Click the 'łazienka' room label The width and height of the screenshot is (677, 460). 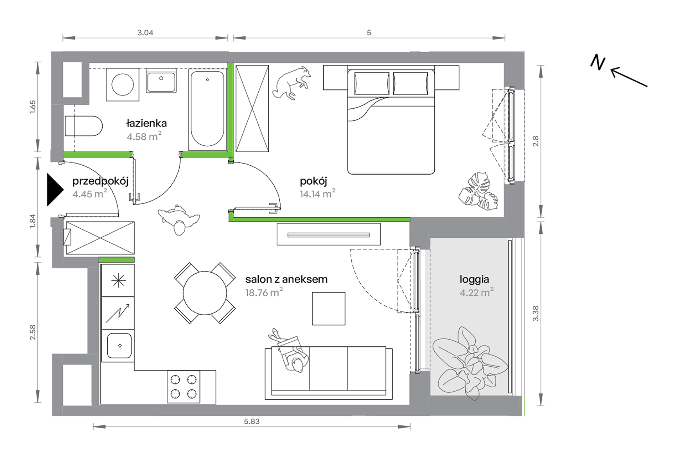click(x=146, y=123)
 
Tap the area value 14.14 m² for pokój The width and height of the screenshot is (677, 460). click(x=317, y=194)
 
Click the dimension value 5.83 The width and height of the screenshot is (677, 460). click(x=252, y=422)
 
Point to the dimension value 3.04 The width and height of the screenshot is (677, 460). click(x=145, y=33)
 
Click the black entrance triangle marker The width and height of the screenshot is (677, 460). click(x=55, y=190)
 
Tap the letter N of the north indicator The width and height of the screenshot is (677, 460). click(x=598, y=63)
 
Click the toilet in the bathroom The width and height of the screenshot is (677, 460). click(x=84, y=126)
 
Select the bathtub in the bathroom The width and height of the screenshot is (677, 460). click(x=207, y=110)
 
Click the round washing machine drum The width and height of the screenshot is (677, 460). click(x=123, y=85)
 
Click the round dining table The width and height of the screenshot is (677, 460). click(x=205, y=293)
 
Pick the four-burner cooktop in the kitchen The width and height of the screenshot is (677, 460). click(x=184, y=387)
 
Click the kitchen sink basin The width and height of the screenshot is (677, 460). click(x=119, y=346)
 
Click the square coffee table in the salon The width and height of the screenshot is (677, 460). click(x=329, y=309)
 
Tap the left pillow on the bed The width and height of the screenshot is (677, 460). click(x=372, y=83)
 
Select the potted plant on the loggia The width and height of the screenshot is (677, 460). click(x=470, y=363)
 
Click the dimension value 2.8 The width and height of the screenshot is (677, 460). click(x=536, y=141)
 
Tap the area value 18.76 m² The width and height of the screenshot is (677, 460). click(x=264, y=293)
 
